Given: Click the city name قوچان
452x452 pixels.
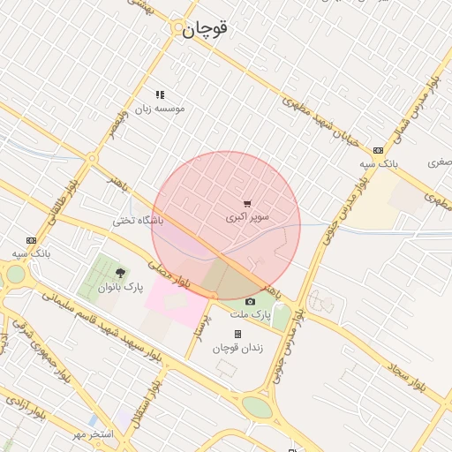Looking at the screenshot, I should coord(206,28).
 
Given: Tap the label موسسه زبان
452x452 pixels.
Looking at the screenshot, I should coord(160,109).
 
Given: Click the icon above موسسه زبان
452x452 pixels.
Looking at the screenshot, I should coord(160,94).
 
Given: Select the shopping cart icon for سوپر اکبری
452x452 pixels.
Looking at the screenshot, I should coord(247,204).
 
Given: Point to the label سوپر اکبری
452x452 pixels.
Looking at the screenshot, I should coord(247,217).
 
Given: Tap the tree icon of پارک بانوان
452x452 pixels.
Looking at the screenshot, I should coord(120,273).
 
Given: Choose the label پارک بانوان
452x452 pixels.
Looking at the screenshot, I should coord(120,287).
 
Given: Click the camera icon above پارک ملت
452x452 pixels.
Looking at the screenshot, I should coord(250,302).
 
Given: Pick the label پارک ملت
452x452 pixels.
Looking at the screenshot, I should coord(250,315).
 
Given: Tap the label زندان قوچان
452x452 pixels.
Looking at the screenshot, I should coord(237,348).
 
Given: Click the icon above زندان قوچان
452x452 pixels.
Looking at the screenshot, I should coord(237,334).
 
